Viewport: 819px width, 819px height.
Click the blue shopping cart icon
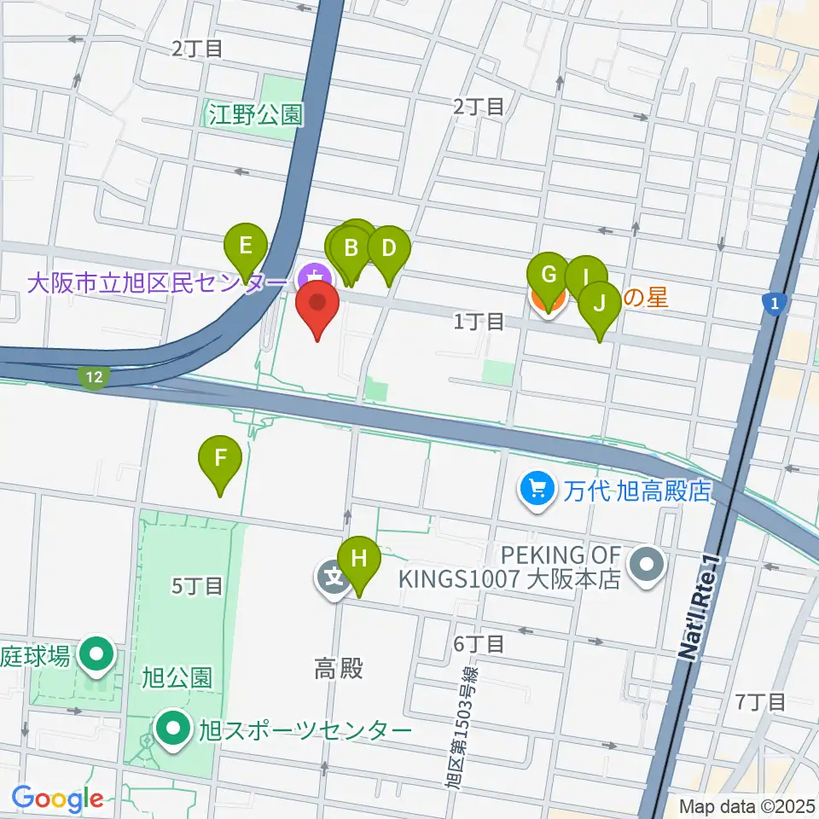click(x=537, y=490)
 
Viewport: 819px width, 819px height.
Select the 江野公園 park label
click(x=256, y=114)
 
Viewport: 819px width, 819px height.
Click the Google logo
click(x=57, y=798)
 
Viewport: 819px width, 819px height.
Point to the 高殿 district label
click(x=339, y=670)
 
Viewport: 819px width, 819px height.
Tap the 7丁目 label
click(x=759, y=702)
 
